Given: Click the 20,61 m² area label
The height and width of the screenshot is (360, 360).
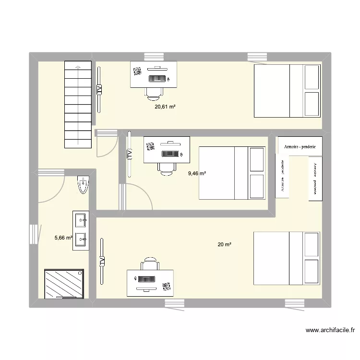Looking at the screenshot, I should click(x=165, y=107).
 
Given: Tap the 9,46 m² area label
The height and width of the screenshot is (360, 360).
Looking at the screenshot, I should click(x=197, y=173).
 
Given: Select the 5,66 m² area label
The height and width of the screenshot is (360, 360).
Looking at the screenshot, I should click(x=63, y=237).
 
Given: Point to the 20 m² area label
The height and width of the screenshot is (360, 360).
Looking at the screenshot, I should click(x=225, y=245).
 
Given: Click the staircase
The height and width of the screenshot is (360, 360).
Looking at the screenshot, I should click(x=77, y=104).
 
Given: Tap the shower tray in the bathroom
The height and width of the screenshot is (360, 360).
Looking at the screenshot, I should click(x=64, y=283).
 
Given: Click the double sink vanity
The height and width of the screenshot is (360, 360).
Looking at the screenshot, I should click(x=80, y=230).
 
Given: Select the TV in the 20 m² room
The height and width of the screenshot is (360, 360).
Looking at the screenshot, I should click(x=102, y=261).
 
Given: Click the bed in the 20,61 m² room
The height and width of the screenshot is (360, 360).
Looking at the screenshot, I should click(x=287, y=91).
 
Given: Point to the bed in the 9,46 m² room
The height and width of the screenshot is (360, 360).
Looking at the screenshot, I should click(x=232, y=173).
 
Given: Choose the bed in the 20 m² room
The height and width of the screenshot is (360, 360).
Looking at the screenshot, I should click(x=287, y=258).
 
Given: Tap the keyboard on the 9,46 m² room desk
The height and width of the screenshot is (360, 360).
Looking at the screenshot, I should click(x=170, y=154).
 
